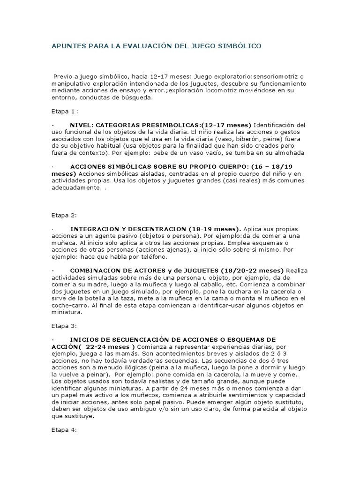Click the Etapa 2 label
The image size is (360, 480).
[x=64, y=215]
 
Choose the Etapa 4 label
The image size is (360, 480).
[x=64, y=429]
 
